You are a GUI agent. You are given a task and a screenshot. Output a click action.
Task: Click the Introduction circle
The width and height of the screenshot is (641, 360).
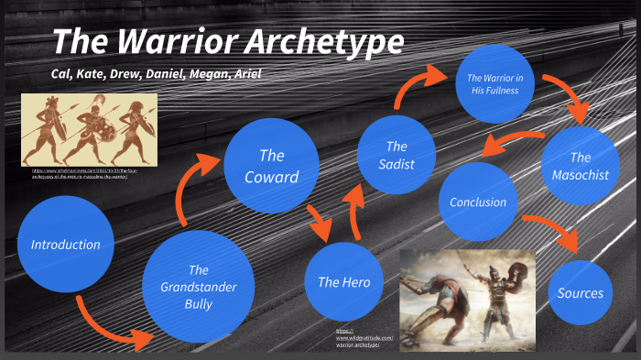click(x=65, y=245)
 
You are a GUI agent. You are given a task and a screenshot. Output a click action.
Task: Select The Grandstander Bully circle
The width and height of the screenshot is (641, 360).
click(x=199, y=286)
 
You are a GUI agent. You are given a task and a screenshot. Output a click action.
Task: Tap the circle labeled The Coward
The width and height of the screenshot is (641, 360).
click(x=271, y=166)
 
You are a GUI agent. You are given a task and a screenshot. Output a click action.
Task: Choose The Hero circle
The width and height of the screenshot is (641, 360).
click(x=343, y=282)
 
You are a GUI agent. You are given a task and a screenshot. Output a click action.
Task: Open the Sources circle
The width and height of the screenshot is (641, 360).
click(x=580, y=293)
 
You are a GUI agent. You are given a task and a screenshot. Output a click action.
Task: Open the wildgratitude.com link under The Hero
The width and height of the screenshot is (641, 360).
click(x=356, y=338)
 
